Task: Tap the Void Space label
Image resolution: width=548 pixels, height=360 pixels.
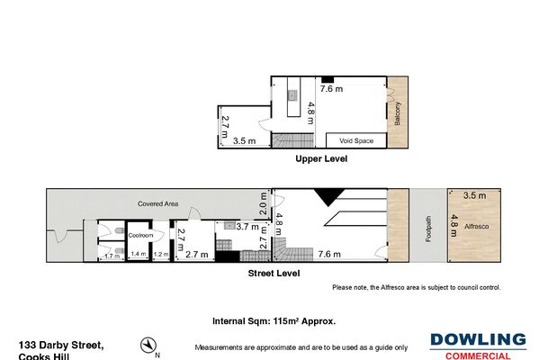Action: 356,140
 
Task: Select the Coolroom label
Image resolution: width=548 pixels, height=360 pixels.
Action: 139,235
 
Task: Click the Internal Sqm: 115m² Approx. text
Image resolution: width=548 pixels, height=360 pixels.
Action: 274,320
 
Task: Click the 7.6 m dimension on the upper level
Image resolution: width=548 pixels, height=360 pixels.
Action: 331,88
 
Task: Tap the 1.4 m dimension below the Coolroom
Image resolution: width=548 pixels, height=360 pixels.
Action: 139,256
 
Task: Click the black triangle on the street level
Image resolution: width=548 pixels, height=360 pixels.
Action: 325,196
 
